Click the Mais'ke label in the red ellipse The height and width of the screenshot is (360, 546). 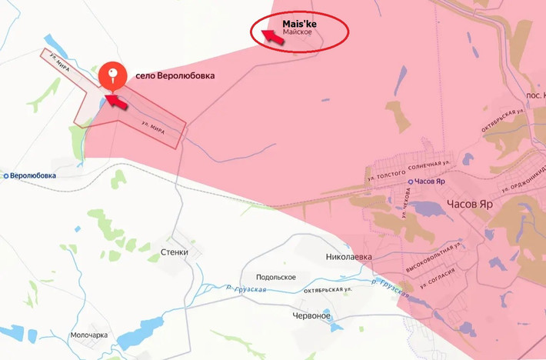click(299, 24)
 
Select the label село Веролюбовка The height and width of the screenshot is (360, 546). click(175, 76)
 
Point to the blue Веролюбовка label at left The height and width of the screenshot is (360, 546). click(32, 175)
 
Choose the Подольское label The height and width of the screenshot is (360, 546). click(276, 277)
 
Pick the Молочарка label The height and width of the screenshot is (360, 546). click(88, 335)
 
